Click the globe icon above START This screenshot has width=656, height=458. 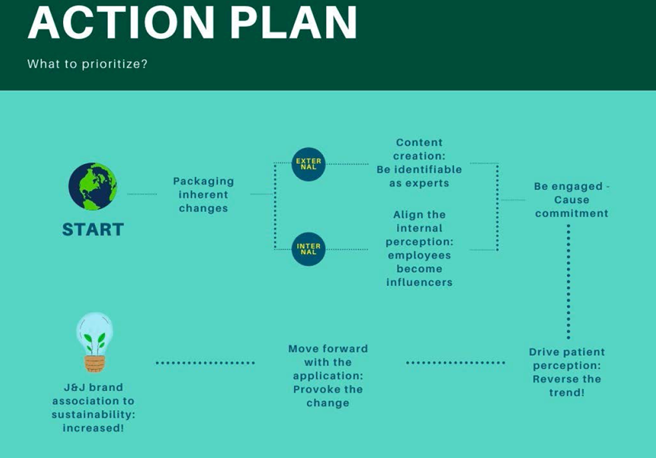[93, 187]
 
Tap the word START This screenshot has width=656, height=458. [93, 230]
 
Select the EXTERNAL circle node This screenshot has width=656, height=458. [308, 164]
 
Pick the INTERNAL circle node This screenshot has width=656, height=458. [308, 249]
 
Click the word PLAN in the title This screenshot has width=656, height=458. [294, 23]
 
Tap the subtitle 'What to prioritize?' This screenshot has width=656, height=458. [88, 64]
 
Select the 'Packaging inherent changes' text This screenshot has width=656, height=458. [203, 194]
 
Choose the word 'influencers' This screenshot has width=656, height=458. [419, 283]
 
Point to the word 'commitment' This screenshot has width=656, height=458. [572, 214]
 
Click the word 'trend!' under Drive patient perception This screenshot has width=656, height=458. [566, 393]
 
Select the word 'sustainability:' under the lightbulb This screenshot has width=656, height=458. [93, 415]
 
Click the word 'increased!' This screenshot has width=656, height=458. [93, 428]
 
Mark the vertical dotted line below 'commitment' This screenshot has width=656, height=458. [568, 281]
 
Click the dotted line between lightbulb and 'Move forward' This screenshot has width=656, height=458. [205, 362]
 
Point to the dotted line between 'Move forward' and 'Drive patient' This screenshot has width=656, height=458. [455, 362]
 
